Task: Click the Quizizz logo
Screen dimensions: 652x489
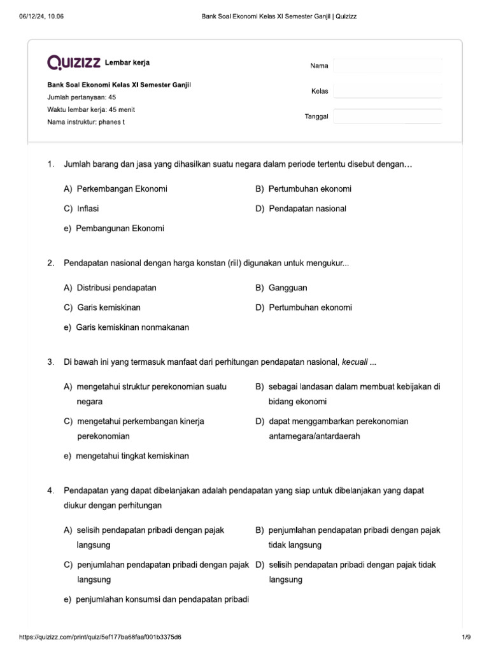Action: coord(74,62)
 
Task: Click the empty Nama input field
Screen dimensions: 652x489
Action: coord(387,66)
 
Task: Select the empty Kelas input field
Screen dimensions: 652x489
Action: coord(387,91)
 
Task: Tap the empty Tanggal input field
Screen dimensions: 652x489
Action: coord(387,117)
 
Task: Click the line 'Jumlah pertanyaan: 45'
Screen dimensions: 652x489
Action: coord(81,97)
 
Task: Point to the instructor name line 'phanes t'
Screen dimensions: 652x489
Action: coord(86,122)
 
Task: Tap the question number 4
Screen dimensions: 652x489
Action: coord(50,491)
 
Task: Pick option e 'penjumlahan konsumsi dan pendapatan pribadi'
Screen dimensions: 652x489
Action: coord(156,599)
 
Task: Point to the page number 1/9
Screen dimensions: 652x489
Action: coord(465,637)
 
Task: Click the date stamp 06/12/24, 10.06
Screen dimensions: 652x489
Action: coord(41,16)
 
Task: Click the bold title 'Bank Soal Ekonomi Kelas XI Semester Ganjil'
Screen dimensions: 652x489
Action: coord(120,85)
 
